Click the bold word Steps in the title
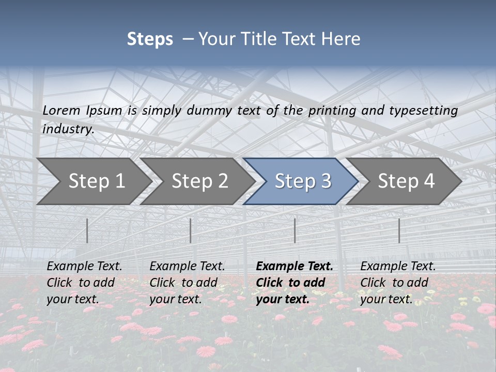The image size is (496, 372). point(150,39)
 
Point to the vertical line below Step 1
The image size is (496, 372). point(87,230)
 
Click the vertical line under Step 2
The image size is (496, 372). point(191,230)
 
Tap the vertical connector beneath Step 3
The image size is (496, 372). point(295,230)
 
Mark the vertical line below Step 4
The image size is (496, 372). point(399,230)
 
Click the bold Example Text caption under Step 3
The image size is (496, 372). point(295,283)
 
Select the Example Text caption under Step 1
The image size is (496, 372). point(84,283)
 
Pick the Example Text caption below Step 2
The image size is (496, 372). point(187,283)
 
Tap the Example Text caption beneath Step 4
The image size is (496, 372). point(398,283)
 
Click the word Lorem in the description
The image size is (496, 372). point(61,111)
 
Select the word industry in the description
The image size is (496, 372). point(68,129)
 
